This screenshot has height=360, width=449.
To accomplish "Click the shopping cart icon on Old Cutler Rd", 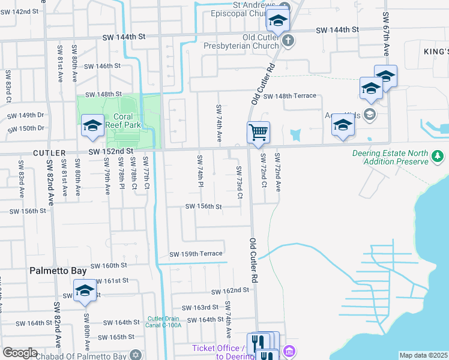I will (258, 131).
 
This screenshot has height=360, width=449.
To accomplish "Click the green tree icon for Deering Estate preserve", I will (438, 157).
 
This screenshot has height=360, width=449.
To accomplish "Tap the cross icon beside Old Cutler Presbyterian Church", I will (288, 41).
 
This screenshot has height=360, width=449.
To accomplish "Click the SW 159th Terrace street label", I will (196, 254).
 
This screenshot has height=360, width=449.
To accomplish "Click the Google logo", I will (20, 353).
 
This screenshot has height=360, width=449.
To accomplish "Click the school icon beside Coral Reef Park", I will (93, 126).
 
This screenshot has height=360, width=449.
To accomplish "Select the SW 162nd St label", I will (229, 290).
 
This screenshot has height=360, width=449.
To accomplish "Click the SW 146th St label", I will (103, 66).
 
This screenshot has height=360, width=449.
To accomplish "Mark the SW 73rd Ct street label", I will (240, 182).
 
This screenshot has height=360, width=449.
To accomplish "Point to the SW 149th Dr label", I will (25, 115).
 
